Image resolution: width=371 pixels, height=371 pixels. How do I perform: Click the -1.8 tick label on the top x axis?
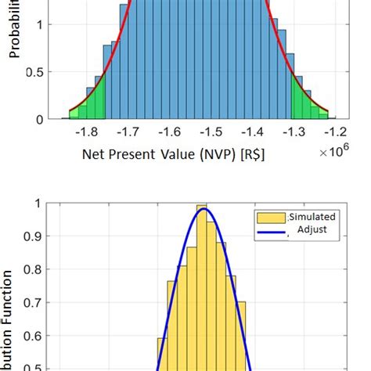coord(91,132)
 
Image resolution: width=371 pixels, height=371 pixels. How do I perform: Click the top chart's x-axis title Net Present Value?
coord(173,155)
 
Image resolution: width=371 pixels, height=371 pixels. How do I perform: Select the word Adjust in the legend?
coord(313,229)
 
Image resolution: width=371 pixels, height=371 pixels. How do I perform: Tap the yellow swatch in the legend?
coord(270,217)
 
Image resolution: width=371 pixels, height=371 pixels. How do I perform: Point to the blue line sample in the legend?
coord(270,229)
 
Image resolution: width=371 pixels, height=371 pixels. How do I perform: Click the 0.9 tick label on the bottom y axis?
coord(34,236)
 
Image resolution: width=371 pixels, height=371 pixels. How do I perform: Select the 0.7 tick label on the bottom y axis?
coord(34,302)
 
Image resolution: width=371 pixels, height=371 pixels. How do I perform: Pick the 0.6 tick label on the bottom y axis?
coord(34,336)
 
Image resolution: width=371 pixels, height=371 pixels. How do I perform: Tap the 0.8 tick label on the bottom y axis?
coord(34,269)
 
